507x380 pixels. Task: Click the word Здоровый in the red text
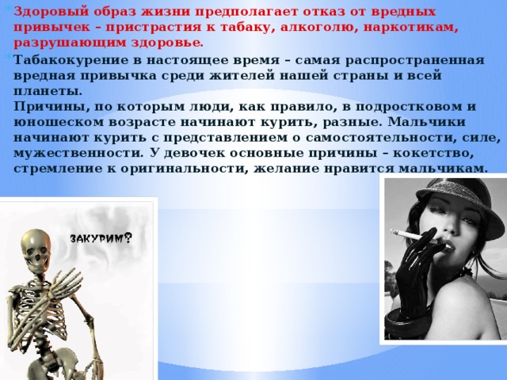[x=51, y=12]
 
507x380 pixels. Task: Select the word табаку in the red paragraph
[x=248, y=28]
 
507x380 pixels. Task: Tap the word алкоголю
[x=319, y=28]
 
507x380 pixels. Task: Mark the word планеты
[x=48, y=92]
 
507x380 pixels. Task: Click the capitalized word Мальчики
[x=426, y=122]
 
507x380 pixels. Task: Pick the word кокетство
[x=433, y=153]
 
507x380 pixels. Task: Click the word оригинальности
[x=185, y=169]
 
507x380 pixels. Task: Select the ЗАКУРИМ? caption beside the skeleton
[x=101, y=238]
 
